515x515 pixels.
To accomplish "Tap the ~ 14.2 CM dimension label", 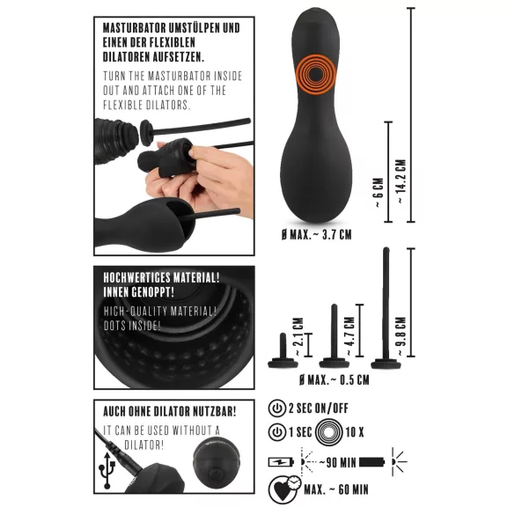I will tap(401, 182).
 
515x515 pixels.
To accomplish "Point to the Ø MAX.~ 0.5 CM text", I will tap(334, 379).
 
